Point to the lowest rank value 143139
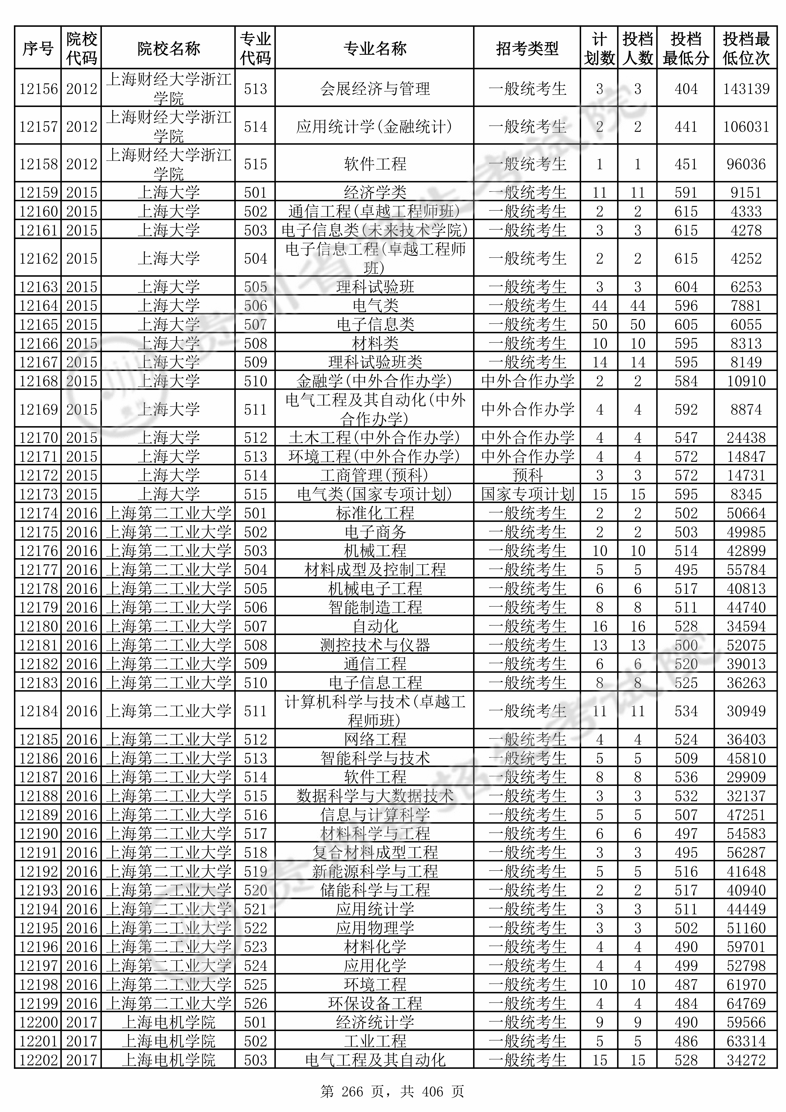click(x=746, y=89)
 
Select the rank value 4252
click(x=746, y=258)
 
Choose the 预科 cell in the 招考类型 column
click(x=527, y=475)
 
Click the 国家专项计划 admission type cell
click(x=527, y=494)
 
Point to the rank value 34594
click(x=746, y=626)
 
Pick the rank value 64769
click(x=746, y=1003)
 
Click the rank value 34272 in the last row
click(x=746, y=1060)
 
